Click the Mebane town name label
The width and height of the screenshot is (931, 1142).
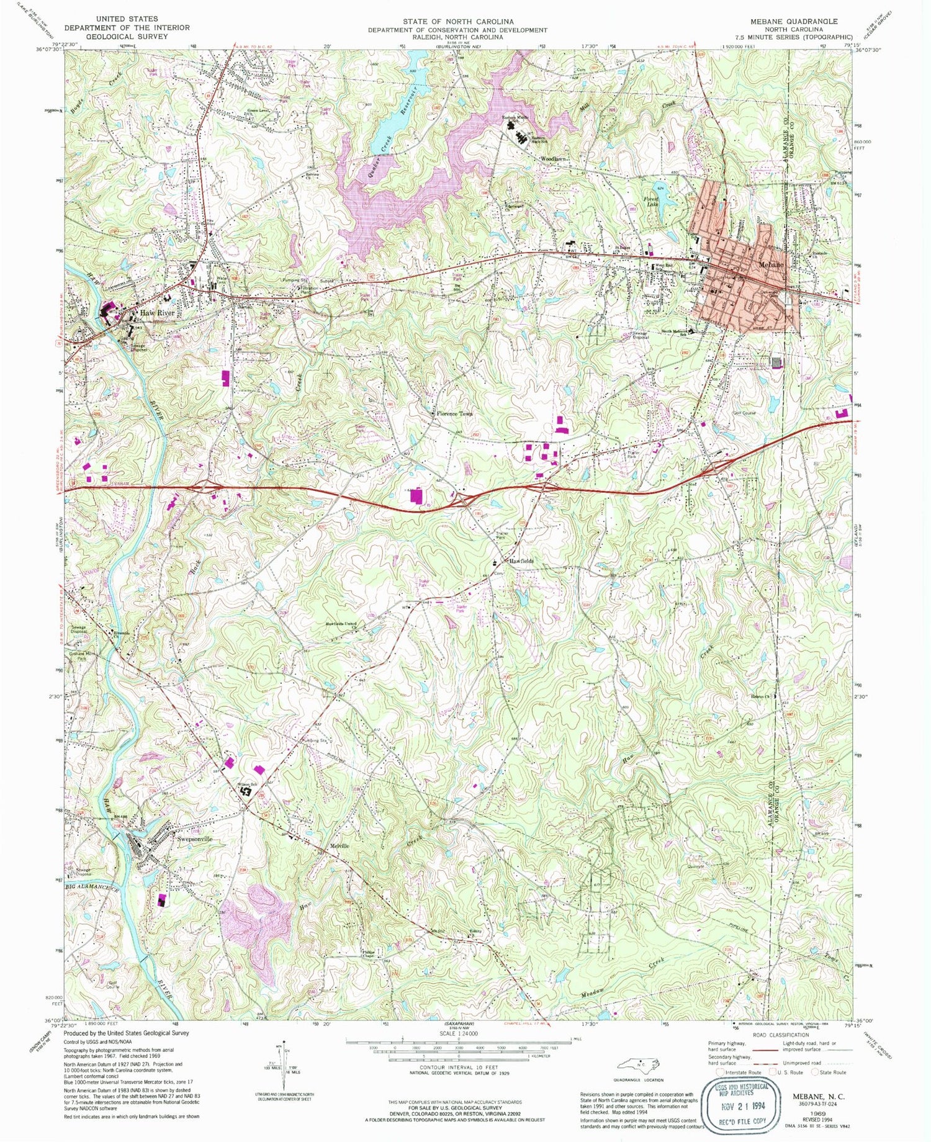771,264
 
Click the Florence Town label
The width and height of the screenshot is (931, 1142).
454,413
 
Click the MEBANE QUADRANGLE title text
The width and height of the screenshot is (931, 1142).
793,21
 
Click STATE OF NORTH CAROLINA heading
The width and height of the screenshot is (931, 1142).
457,21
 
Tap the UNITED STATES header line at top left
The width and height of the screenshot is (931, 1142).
127,19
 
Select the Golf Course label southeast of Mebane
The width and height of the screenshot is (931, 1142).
745,412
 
